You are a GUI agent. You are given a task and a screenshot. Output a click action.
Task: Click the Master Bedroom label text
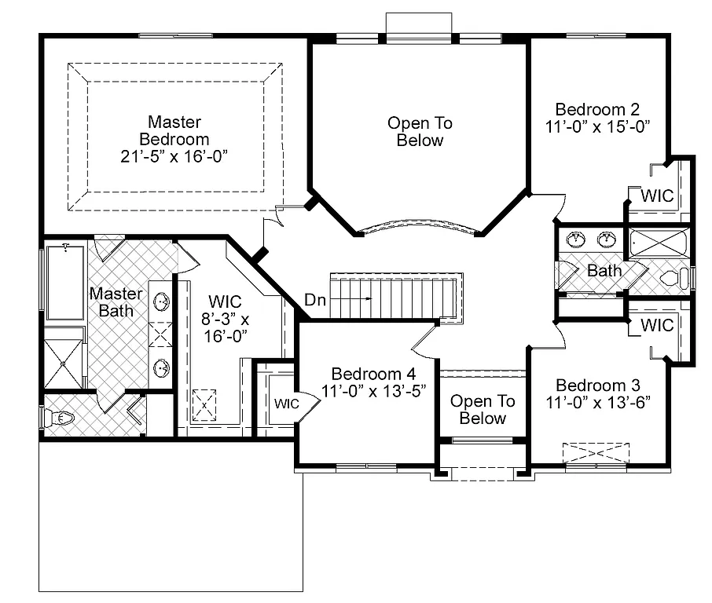174,130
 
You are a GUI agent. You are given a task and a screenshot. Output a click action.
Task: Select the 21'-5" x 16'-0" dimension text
174,155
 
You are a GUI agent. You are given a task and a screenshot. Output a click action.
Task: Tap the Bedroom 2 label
597,109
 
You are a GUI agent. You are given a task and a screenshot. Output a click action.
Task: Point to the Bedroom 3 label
597,385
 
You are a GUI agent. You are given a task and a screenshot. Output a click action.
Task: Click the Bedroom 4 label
373,374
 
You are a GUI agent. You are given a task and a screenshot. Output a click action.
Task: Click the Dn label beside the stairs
314,299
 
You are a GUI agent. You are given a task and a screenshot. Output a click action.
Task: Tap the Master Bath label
116,302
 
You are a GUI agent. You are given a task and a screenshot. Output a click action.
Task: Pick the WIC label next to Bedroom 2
657,196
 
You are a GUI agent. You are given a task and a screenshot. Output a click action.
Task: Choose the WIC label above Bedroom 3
657,324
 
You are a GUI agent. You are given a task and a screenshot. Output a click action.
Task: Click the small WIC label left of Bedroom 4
286,404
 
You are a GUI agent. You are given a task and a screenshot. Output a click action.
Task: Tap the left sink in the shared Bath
576,238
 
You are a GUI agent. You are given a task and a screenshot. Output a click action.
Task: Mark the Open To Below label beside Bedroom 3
483,409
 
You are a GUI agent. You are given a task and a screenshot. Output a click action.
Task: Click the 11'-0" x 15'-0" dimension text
597,126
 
